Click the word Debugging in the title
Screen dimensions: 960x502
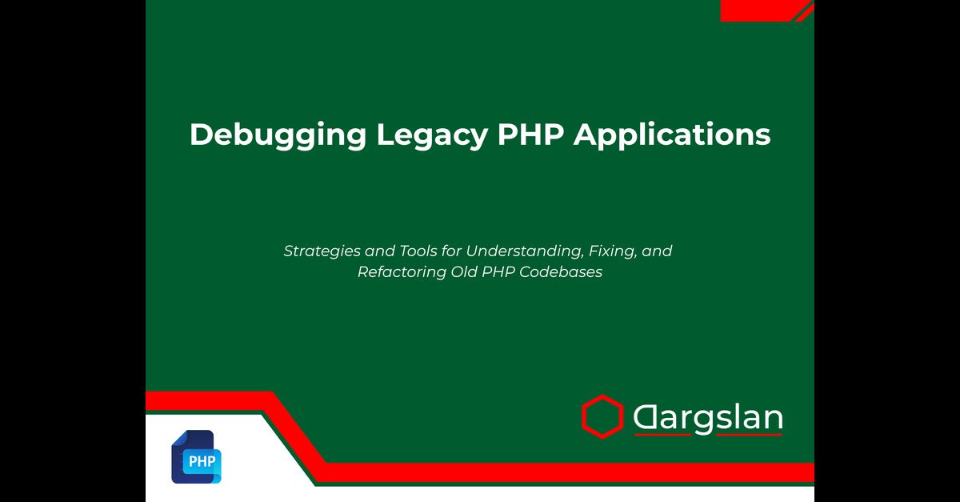[x=278, y=135]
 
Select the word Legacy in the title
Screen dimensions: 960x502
[x=432, y=135]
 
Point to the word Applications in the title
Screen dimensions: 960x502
[x=672, y=135]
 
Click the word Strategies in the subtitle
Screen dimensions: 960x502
[x=322, y=251]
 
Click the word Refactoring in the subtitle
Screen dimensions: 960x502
[x=402, y=272]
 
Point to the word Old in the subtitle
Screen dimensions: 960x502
[x=464, y=271]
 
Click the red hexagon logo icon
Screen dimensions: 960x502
[x=602, y=416]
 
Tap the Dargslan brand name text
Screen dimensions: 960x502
[x=708, y=417]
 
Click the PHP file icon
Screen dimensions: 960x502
[x=196, y=456]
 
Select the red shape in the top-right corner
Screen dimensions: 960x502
[x=767, y=10]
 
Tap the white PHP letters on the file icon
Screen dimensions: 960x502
[x=202, y=462]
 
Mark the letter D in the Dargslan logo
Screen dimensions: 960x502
[x=645, y=417]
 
